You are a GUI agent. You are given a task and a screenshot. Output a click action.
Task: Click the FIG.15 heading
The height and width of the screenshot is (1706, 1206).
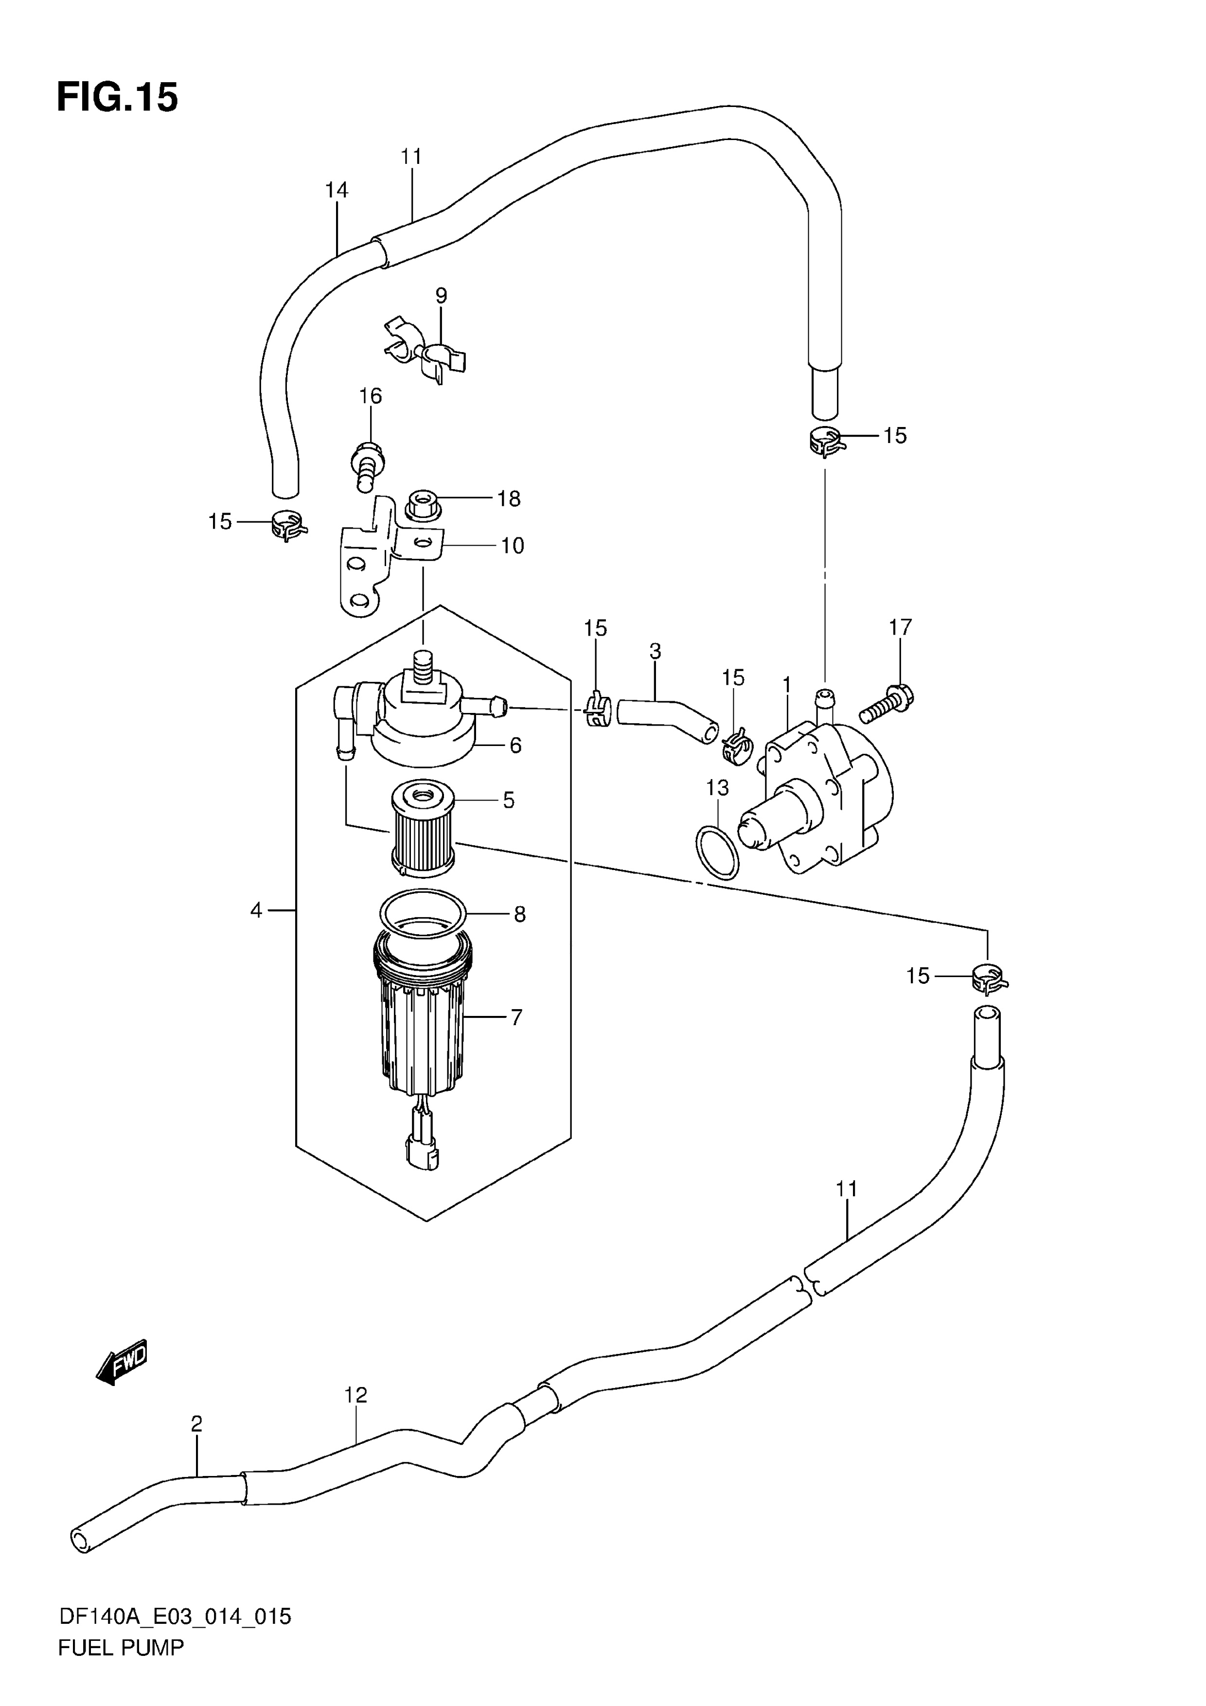point(117,97)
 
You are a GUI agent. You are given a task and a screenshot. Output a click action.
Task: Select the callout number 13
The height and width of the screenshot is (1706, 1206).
point(717,788)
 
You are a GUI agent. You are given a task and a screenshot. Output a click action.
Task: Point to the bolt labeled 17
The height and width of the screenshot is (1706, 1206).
point(887,702)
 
